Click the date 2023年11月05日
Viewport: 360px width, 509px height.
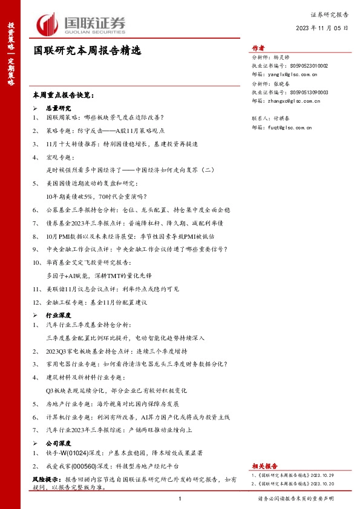click(x=322, y=28)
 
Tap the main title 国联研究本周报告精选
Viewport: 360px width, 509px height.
click(x=87, y=52)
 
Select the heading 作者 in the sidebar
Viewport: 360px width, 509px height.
click(x=258, y=48)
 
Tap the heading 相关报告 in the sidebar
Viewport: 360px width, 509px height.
click(x=264, y=466)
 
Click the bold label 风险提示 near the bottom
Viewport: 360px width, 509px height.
click(x=44, y=478)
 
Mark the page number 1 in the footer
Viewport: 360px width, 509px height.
click(x=180, y=499)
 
